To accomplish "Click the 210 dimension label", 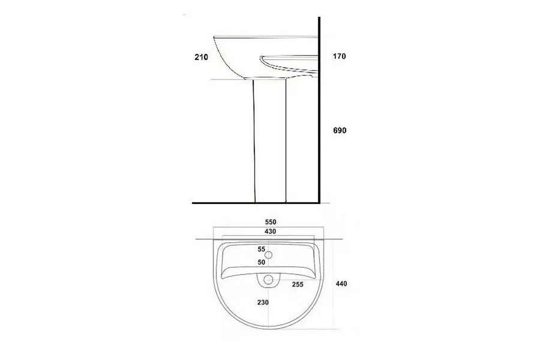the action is point(201,57).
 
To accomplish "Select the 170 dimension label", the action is point(339,56).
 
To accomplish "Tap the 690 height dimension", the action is point(340,130).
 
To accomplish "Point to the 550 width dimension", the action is point(271,222).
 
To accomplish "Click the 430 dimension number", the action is point(271,232).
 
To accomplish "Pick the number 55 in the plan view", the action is point(262,249).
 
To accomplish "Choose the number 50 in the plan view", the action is point(262,262).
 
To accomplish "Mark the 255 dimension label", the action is point(298,284).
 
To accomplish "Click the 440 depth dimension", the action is point(341,284).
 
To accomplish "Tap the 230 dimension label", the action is point(263,302).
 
